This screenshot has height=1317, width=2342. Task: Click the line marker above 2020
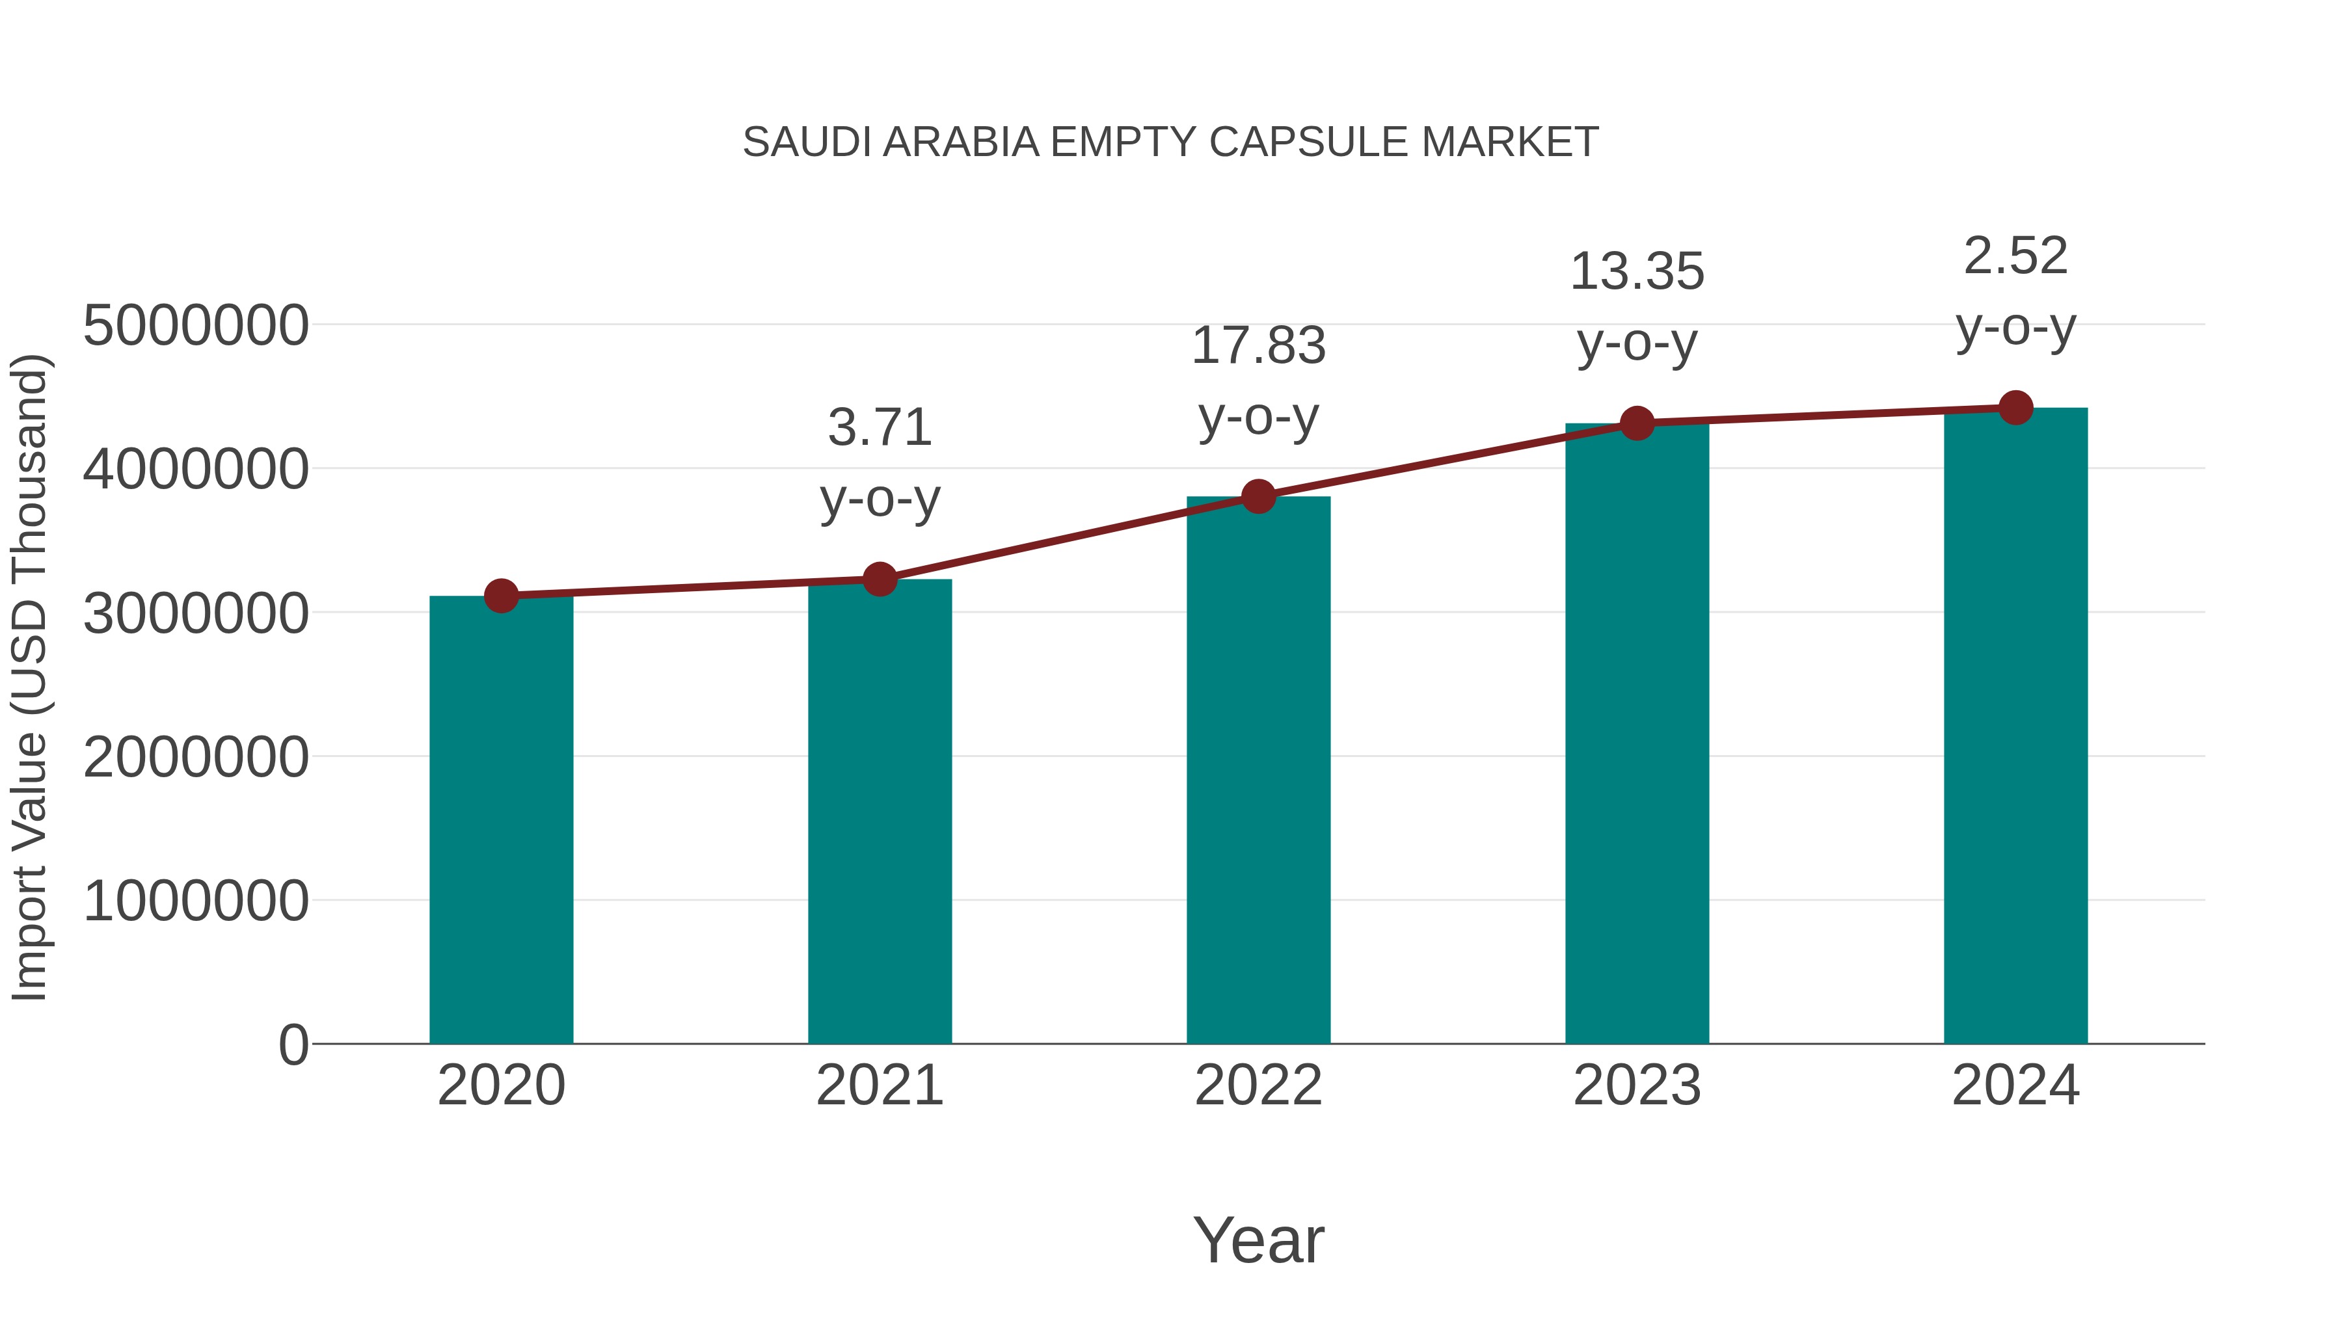[501, 596]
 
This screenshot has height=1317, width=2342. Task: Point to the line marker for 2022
[1258, 496]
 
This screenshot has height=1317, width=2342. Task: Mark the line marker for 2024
[2015, 408]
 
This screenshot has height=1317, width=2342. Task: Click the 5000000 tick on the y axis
[195, 325]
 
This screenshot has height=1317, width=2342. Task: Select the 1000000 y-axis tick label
[195, 901]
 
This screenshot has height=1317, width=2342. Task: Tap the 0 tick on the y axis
[293, 1044]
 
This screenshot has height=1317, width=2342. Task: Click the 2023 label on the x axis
[1637, 1085]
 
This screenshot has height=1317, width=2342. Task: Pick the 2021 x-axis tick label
[879, 1085]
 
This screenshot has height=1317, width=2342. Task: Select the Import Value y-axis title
[29, 677]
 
